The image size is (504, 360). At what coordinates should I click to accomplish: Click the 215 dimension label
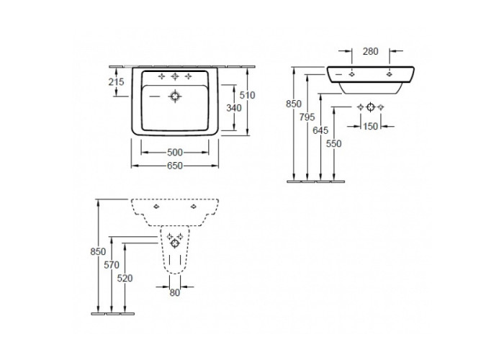coord(116,82)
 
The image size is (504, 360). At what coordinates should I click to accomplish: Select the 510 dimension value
coord(247,95)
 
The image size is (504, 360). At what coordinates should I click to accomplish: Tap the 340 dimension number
coord(234,108)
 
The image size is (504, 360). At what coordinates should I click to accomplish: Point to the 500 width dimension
coord(175,152)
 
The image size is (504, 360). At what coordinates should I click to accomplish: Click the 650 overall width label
coord(175,166)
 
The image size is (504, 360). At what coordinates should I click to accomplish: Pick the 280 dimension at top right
coord(371,51)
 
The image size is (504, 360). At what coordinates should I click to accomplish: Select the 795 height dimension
coord(307,117)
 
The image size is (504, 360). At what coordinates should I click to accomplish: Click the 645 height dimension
coord(320,130)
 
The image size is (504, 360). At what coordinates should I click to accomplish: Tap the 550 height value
coord(333,144)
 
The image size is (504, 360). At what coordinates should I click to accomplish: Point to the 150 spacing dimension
coord(371,126)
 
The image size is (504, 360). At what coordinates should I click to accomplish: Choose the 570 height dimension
coord(112,265)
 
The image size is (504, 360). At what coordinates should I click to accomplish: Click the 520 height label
coord(125,278)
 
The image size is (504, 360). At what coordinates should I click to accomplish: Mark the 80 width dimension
coord(174,292)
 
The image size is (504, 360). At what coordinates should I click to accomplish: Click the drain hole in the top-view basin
coord(175,96)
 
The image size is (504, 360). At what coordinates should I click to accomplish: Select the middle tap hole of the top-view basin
coord(175,76)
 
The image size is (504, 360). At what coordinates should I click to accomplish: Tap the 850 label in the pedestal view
coord(98,251)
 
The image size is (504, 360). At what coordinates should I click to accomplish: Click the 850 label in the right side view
coord(294,104)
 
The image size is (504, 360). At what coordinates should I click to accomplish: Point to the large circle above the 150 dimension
coord(371,107)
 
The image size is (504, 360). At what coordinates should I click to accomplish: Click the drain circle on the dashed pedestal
coord(175,243)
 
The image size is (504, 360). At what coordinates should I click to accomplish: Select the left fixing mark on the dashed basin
coord(156,207)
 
